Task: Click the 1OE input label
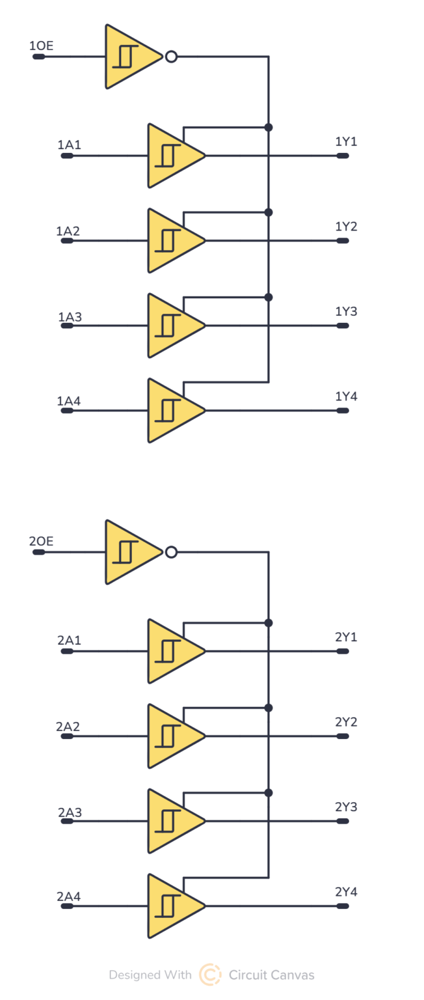(41, 46)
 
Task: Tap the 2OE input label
(41, 541)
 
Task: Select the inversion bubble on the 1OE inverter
(171, 57)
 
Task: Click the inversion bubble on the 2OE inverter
(171, 552)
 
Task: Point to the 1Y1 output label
(346, 142)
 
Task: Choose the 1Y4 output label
(346, 396)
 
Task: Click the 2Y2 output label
(346, 722)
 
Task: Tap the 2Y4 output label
(346, 892)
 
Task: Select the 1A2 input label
(68, 231)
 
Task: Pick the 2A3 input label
(70, 812)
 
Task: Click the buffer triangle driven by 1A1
(172, 156)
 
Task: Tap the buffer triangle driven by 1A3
(172, 326)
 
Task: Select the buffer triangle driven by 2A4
(172, 906)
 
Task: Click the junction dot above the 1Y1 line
(269, 127)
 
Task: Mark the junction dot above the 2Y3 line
(269, 792)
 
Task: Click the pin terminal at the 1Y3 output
(343, 326)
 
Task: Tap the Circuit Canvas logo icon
(210, 975)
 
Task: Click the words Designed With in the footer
(150, 975)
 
